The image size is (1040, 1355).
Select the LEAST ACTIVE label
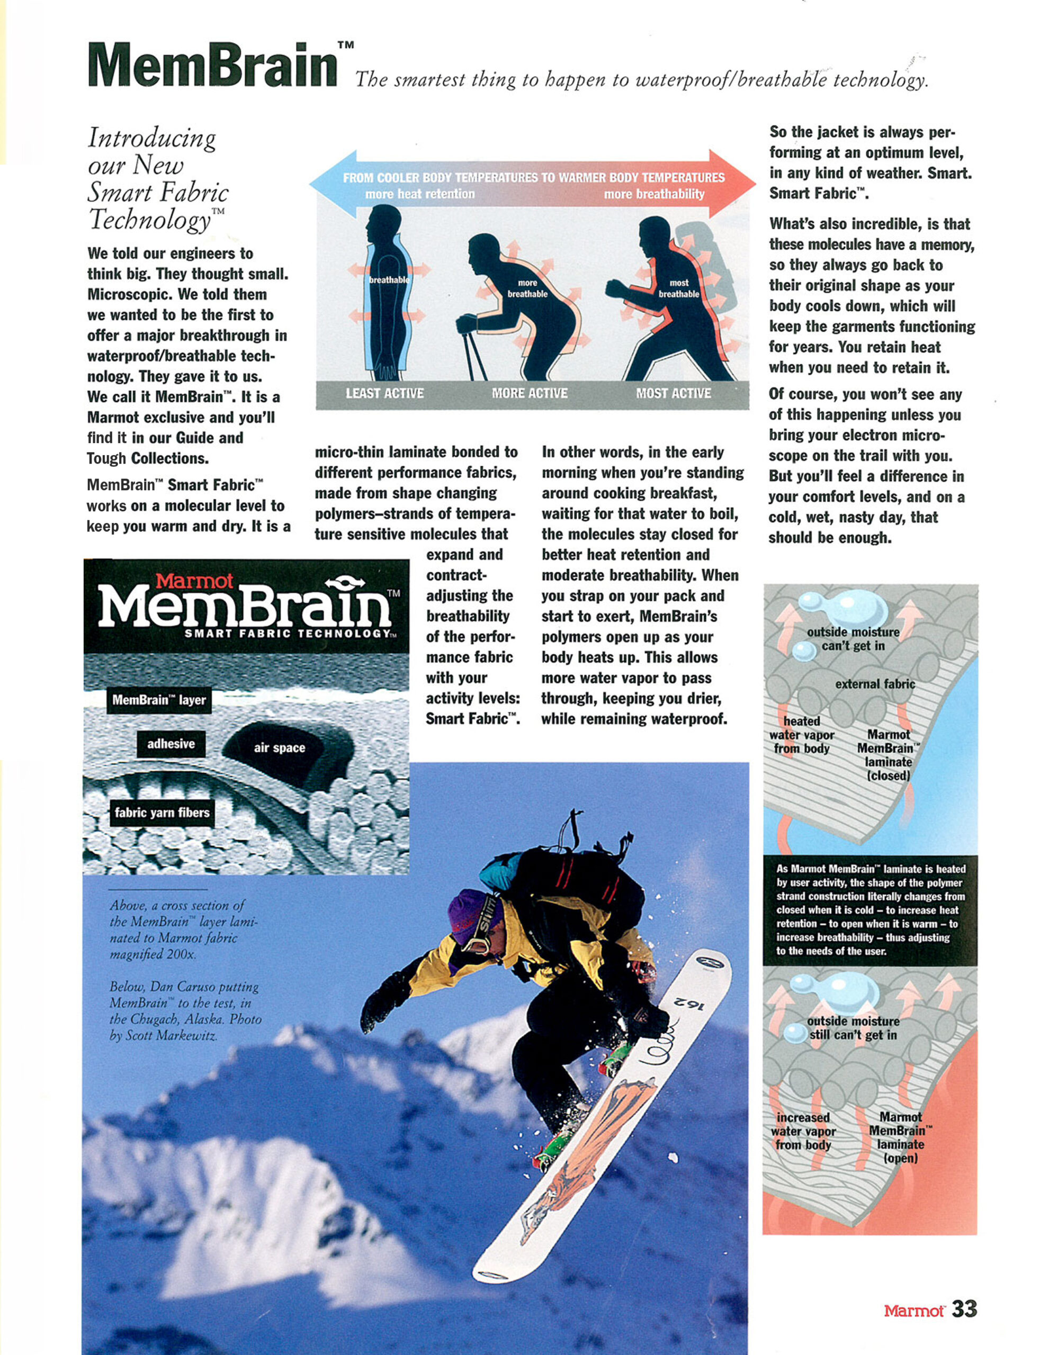384,393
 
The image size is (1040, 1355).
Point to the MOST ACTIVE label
674,393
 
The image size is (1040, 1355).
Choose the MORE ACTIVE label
530,393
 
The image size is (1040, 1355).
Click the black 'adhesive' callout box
171,744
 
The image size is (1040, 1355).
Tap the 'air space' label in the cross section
279,747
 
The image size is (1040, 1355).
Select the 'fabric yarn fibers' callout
162,812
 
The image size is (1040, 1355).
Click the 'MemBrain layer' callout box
159,700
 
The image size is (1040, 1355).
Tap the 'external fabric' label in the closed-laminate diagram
875,684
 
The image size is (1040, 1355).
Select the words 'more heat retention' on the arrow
420,194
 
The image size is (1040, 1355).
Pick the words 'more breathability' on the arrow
654,194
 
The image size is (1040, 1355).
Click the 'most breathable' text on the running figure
678,288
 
